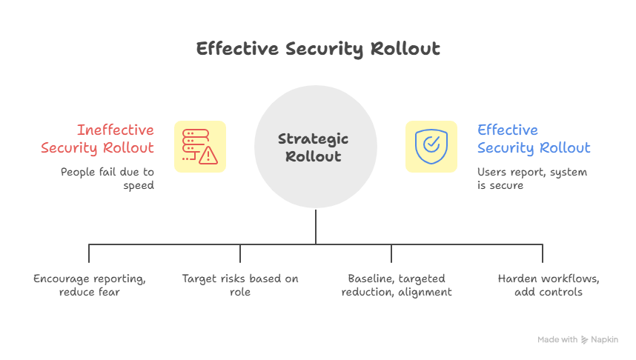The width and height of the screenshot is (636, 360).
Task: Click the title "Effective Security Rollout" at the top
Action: pyautogui.click(x=318, y=50)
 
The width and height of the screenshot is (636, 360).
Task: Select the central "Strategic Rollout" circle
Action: pyautogui.click(x=315, y=147)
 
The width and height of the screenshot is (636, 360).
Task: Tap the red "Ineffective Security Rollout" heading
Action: pyautogui.click(x=98, y=139)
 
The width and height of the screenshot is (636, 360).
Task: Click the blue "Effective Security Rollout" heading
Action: pyautogui.click(x=534, y=139)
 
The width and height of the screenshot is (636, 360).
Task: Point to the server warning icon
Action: pyautogui.click(x=200, y=147)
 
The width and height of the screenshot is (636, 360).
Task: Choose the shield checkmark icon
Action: pyautogui.click(x=431, y=147)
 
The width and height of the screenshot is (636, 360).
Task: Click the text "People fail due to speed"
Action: pyautogui.click(x=107, y=179)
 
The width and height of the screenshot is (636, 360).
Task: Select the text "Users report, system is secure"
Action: pyautogui.click(x=532, y=179)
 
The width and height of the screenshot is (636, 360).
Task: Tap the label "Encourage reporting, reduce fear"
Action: pyautogui.click(x=89, y=285)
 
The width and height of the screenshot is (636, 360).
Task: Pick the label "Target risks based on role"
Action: pyautogui.click(x=240, y=285)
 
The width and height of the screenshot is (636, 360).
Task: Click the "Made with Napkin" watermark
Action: pyautogui.click(x=577, y=339)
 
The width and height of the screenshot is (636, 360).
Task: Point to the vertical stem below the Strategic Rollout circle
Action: pyautogui.click(x=316, y=226)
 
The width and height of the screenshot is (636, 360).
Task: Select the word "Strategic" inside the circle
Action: pyautogui.click(x=313, y=139)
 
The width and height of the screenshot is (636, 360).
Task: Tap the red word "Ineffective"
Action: pyautogui.click(x=115, y=130)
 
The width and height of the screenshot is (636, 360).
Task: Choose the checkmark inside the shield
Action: pyautogui.click(x=431, y=144)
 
